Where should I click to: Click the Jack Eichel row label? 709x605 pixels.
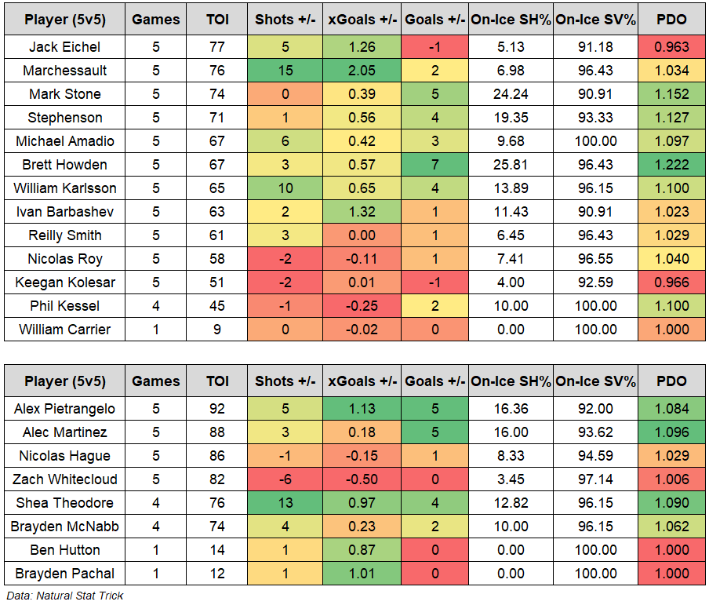click(x=65, y=47)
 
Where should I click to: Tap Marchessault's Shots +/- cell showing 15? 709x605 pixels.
click(x=285, y=71)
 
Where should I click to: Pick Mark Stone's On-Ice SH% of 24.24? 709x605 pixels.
click(x=511, y=94)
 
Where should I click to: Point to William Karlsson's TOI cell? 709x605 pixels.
click(x=216, y=188)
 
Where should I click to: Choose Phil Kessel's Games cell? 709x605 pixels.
click(x=155, y=306)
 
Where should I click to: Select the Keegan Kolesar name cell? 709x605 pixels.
click(x=65, y=282)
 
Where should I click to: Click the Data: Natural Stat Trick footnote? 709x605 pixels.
click(x=64, y=596)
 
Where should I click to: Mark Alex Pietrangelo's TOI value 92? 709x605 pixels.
click(x=216, y=409)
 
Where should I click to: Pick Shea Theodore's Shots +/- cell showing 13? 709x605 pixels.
click(x=285, y=503)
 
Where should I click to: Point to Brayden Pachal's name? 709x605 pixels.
click(x=65, y=574)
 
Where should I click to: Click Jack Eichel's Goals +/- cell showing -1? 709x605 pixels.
click(x=434, y=47)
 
